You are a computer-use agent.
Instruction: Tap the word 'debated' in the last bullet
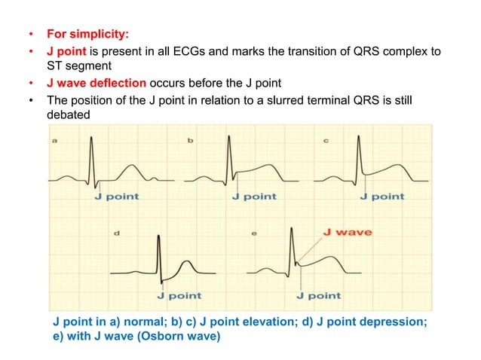pos(68,114)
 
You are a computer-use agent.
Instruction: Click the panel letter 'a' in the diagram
pos(55,141)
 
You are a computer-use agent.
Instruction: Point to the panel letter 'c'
pos(325,141)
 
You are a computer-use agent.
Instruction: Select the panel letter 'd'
pos(115,233)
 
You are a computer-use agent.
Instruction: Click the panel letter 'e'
pos(253,233)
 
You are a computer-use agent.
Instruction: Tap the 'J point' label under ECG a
pos(116,197)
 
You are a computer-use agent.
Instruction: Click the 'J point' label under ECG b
pos(255,197)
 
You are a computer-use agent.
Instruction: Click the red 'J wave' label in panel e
pos(347,232)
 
